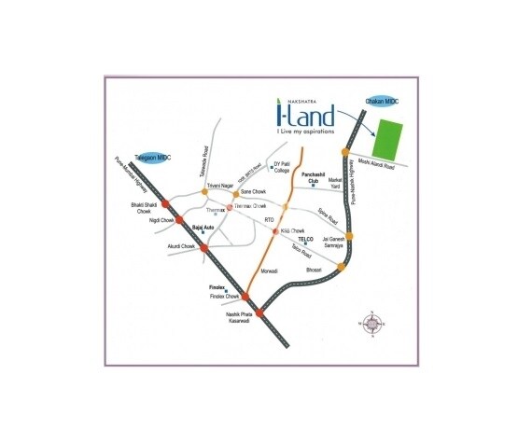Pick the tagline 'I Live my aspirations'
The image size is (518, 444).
[x=305, y=132]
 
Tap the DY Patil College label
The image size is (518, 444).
[x=283, y=167]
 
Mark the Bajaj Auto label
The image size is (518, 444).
[x=203, y=227]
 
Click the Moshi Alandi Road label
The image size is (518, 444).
[x=379, y=165]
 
